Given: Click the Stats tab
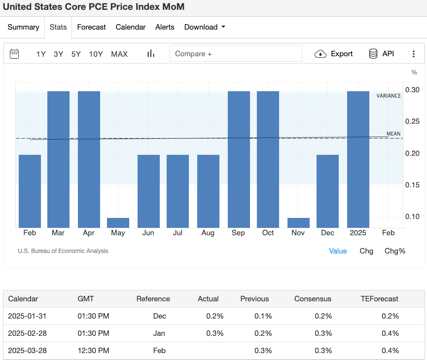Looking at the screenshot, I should click(58, 27).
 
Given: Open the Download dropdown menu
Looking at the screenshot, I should click(204, 27).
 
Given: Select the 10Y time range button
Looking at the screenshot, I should click(96, 54).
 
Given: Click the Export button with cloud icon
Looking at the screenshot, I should click(334, 54).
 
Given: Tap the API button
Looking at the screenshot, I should click(381, 54).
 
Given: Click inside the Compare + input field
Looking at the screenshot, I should click(235, 54).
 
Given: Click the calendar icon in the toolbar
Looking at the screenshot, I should click(14, 54).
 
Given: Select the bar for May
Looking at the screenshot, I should click(118, 222).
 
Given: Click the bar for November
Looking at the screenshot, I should click(298, 222).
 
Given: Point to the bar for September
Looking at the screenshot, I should click(239, 159).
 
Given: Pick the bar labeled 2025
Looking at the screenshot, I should click(358, 159).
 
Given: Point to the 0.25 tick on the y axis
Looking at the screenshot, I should click(412, 121).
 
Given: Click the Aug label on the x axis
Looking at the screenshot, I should click(208, 233).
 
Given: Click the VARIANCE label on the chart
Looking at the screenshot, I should click(389, 96).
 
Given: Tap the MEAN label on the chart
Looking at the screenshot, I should click(393, 134).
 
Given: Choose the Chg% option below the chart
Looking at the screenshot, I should click(394, 251).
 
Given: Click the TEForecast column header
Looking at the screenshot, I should click(379, 299).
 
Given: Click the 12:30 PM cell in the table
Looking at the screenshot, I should click(93, 351).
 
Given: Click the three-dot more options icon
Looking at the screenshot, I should click(414, 54).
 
